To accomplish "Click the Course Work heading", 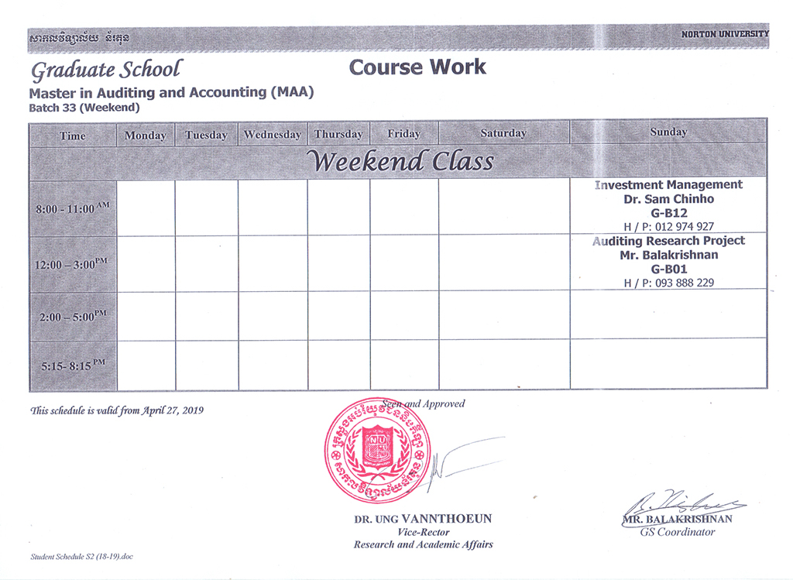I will pos(417,67).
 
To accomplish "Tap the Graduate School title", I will pos(105,70).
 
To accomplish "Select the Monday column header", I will pos(146,136).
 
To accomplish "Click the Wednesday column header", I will pos(273,135).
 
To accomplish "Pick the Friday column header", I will pos(404,134).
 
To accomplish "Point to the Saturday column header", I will pos(503,133).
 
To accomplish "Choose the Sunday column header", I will pos(669,132).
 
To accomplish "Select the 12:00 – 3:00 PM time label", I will pos(71,264).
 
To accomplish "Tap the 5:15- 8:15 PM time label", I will pos(71,364).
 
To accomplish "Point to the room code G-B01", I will pos(669,269).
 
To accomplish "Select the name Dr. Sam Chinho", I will pos(669,199).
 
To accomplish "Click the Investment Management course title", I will pos(669,185).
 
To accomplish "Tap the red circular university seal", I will pos(377,450).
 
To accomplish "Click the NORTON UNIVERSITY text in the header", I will pos(725,34).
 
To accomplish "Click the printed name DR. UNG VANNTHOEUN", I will pos(423,518).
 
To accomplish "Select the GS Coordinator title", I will pos(678,532).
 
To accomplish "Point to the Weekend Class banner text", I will pos(400,162).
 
